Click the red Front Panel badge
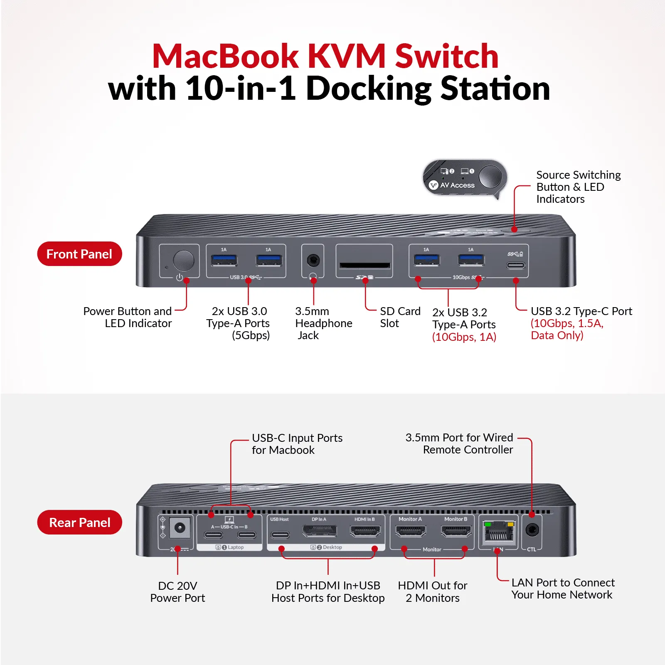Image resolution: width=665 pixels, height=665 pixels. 79,254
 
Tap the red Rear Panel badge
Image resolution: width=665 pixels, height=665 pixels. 79,522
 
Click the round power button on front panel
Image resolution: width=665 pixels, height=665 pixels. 183,261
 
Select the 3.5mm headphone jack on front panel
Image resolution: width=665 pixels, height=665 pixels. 313,261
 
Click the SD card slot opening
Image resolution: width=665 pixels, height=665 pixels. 365,266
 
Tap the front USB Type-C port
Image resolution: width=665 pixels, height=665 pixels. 515,266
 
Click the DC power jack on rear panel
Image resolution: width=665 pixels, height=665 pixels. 180,528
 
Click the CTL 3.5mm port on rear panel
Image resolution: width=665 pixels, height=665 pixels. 532,530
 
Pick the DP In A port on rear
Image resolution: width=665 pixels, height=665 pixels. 319,531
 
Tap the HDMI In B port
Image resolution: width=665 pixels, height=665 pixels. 365,531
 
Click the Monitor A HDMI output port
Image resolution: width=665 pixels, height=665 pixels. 411,531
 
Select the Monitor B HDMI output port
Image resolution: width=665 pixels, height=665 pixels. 456,531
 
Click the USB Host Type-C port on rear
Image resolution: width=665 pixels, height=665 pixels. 280,535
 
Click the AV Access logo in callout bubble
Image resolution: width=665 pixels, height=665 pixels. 452,185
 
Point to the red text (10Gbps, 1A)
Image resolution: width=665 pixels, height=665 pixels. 464,337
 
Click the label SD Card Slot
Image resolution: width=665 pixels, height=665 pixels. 400,317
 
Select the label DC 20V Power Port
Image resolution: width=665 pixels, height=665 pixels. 177,591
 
